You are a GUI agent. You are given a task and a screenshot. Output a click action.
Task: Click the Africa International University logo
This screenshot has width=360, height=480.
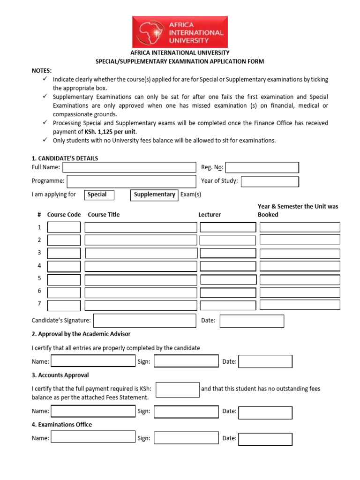[x=180, y=32]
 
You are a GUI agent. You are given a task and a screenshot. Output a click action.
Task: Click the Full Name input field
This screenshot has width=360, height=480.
[x=129, y=167]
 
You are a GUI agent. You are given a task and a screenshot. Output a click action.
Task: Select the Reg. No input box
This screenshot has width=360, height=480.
[x=262, y=167]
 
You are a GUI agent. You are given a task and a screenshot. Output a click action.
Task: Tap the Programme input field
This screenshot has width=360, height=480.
[x=132, y=181]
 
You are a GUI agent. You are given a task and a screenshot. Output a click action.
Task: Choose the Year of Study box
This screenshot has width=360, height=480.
[x=270, y=181]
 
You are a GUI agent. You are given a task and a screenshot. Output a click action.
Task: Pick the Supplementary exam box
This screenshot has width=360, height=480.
[x=154, y=195]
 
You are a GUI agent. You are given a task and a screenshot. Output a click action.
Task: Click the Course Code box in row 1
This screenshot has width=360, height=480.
[x=64, y=227]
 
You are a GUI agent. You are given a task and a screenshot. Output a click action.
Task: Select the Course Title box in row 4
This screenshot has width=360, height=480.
[x=141, y=266]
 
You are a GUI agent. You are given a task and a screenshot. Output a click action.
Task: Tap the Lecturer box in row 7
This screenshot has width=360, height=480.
[x=228, y=305]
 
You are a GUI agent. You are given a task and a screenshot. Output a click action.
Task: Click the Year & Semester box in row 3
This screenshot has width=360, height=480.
[x=300, y=253]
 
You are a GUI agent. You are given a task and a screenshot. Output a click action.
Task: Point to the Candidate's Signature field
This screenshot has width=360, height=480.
[x=144, y=321]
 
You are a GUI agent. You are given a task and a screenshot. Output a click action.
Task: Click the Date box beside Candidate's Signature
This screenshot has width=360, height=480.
[x=252, y=321]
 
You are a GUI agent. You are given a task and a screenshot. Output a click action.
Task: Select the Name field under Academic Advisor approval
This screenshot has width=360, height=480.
[x=93, y=361]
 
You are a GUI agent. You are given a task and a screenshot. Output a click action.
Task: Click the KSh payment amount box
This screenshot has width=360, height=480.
[x=178, y=390]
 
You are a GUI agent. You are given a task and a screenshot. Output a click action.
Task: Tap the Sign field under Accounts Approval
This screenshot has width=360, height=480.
[x=186, y=412]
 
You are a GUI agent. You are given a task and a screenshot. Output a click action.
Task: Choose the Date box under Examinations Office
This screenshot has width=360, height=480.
[x=265, y=439]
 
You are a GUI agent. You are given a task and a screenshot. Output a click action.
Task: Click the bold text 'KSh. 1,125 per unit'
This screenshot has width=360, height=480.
[x=111, y=132]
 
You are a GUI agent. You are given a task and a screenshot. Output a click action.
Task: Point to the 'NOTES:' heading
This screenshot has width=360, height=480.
[x=42, y=70]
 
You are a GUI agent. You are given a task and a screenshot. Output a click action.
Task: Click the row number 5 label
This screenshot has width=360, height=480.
[x=39, y=278]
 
